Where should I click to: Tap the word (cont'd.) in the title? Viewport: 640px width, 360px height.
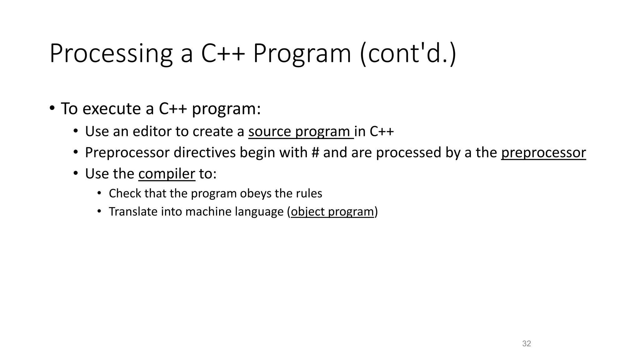pyautogui.click(x=408, y=54)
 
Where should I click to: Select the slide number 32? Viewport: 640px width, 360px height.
pyautogui.click(x=527, y=343)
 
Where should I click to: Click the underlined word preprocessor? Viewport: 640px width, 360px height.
pyautogui.click(x=543, y=153)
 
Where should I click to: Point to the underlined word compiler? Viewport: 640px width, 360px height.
pyautogui.click(x=167, y=174)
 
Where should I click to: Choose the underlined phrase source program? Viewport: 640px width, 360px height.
pyautogui.click(x=301, y=132)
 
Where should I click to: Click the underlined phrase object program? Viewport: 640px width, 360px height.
pyautogui.click(x=332, y=212)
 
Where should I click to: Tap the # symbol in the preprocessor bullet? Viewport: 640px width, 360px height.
pyautogui.click(x=315, y=153)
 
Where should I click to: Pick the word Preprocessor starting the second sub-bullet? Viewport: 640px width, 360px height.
pyautogui.click(x=127, y=153)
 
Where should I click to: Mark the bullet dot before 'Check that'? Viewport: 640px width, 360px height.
pyautogui.click(x=99, y=193)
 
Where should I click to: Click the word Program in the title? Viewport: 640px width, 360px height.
pyautogui.click(x=302, y=54)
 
